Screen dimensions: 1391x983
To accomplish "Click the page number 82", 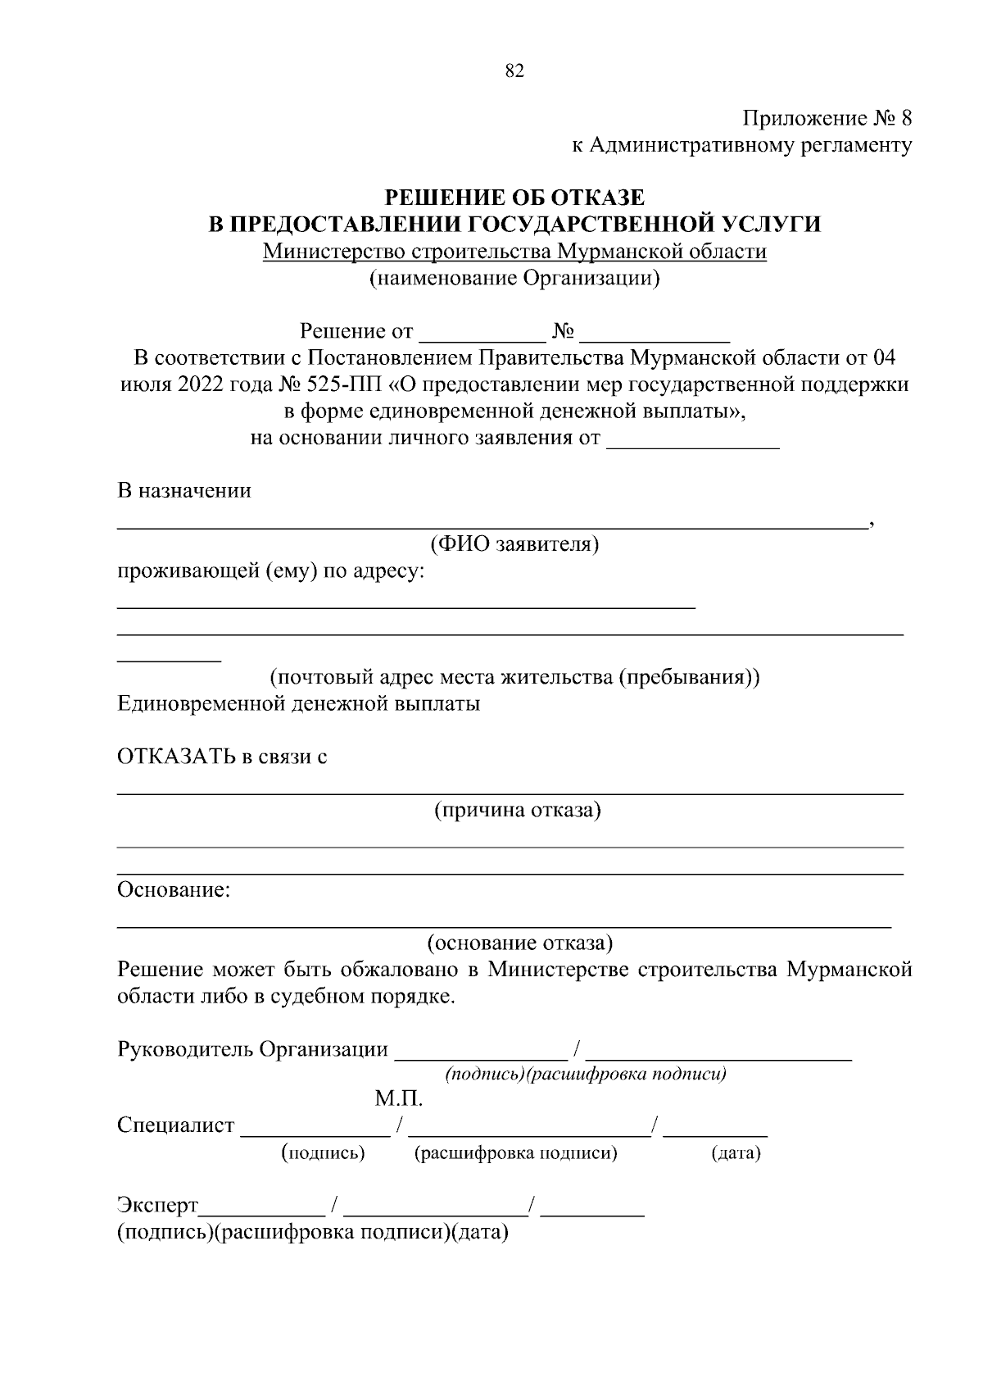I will point(514,71).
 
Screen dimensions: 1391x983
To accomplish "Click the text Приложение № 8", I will point(827,119).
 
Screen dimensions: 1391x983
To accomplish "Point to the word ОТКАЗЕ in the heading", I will point(597,198).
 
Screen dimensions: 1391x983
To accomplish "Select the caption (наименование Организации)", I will point(514,279).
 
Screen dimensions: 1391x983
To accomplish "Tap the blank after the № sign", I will point(659,334).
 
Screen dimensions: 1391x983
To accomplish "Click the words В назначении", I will point(184,491).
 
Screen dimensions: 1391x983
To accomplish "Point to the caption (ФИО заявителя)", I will point(514,544).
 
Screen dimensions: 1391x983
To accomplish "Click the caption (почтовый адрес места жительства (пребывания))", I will point(514,678).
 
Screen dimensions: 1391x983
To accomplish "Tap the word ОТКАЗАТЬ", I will point(175,757).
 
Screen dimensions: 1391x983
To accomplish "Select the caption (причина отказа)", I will point(517,811).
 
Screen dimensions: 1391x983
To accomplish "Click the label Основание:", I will point(174,890).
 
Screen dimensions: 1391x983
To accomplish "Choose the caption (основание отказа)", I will point(519,943).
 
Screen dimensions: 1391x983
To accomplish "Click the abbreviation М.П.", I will point(399,1098).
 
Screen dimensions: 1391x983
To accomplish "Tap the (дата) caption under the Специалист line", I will point(736,1154).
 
